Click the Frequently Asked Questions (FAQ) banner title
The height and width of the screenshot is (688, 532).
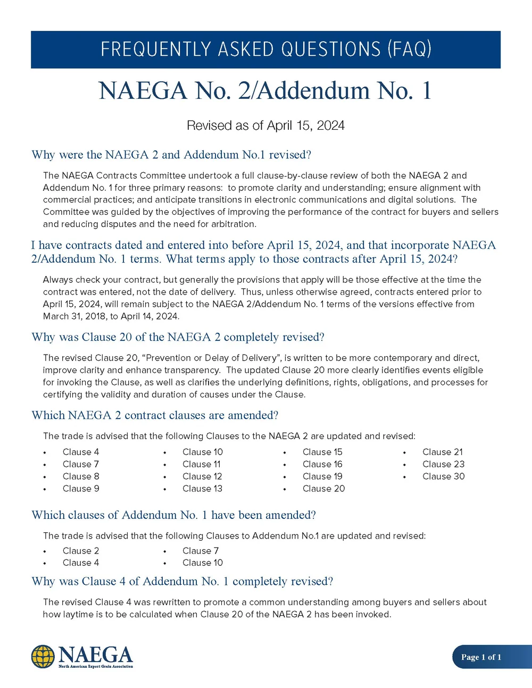tap(265, 49)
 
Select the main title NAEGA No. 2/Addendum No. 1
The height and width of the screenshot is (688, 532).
tap(265, 91)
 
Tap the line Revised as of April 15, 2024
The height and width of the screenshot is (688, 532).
tap(265, 125)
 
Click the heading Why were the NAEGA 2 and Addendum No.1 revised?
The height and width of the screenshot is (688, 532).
tap(171, 155)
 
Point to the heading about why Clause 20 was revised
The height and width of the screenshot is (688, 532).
tap(178, 337)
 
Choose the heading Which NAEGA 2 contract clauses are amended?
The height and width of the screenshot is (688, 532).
tap(155, 415)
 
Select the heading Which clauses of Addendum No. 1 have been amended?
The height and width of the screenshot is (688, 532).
tap(173, 515)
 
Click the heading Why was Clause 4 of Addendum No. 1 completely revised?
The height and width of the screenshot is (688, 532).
tap(182, 581)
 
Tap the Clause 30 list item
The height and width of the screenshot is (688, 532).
tap(443, 476)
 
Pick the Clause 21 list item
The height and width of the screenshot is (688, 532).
tap(442, 452)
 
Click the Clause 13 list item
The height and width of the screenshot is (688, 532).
tap(202, 489)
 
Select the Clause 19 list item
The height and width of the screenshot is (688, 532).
tap(322, 476)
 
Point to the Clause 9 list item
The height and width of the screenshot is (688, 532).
tap(81, 489)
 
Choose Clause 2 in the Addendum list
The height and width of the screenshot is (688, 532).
tap(81, 551)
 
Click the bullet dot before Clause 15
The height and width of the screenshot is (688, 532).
tap(285, 452)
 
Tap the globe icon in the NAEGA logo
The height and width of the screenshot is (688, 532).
tap(43, 657)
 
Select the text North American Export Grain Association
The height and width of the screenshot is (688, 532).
tap(96, 666)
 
